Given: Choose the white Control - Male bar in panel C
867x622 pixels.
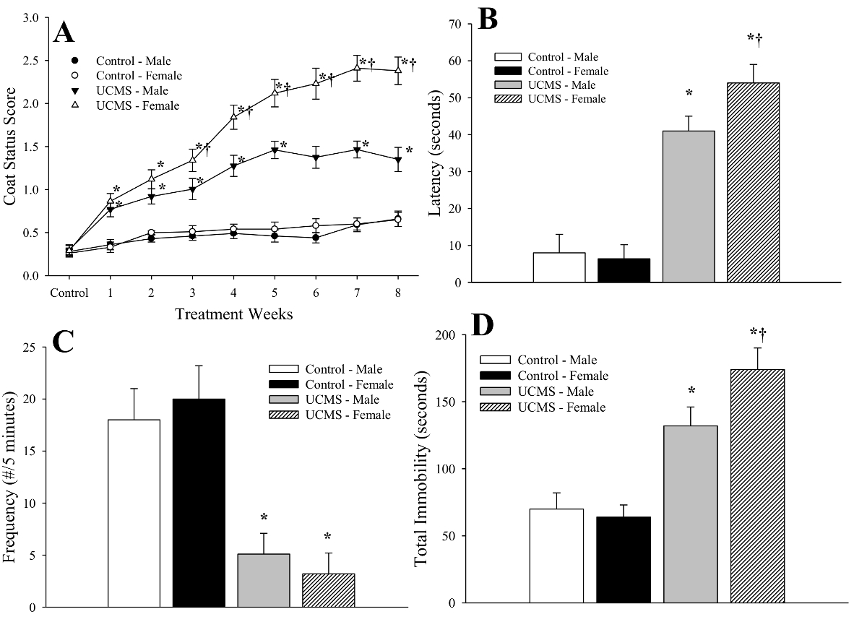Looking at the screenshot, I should pos(134,513).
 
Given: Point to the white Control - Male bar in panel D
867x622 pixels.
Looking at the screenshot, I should pos(556,556).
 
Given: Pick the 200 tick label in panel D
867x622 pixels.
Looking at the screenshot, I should pos(448,335).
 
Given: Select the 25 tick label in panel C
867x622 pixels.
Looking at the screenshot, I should pos(29,347).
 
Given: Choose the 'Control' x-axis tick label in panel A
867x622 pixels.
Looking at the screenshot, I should pos(69,293).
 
